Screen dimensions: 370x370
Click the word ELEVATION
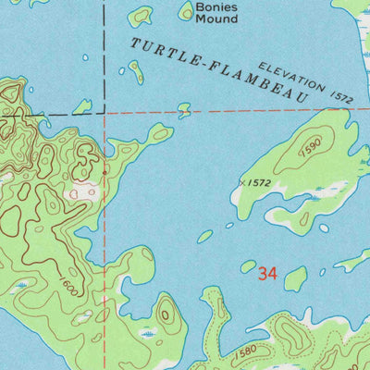point(292,77)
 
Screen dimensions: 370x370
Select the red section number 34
point(268,274)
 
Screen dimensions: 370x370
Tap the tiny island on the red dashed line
point(184,109)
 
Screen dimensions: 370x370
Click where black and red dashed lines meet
point(105,116)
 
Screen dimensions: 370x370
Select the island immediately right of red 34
point(296,278)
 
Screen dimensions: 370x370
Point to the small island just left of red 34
point(248,266)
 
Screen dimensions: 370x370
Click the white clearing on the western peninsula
point(83,192)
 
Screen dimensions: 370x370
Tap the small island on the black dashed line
point(82,107)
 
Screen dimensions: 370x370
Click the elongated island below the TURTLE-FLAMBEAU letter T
point(136,72)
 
